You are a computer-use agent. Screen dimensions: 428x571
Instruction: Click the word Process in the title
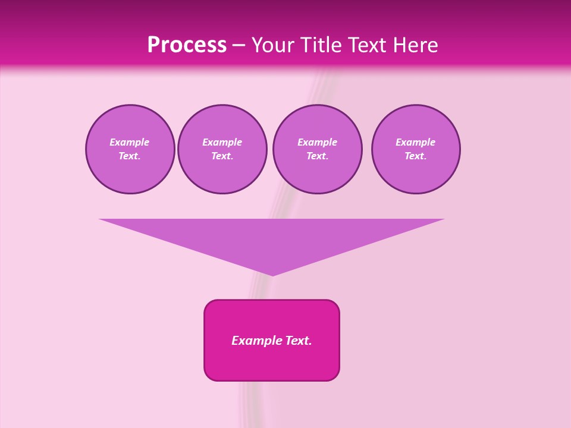pos(187,45)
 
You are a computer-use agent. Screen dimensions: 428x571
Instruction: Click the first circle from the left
pos(130,149)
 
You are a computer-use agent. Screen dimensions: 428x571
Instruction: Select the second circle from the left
pos(222,149)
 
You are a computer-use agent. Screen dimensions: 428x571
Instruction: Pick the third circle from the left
pos(318,149)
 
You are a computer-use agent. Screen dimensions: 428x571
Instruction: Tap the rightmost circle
pos(416,149)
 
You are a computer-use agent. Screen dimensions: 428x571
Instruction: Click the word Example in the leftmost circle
pos(130,142)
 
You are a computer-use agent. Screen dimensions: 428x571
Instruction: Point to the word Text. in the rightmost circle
pos(416,156)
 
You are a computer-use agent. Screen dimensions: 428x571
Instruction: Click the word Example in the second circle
pos(222,142)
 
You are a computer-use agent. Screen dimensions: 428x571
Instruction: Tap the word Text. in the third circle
pos(318,156)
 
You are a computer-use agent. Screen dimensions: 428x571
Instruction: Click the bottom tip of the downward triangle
pos(272,275)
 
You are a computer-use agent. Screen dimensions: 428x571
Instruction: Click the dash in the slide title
pos(239,45)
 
